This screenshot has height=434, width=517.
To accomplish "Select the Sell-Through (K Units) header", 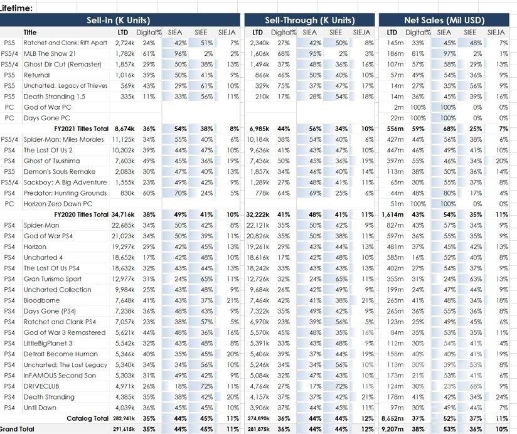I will (x=309, y=20).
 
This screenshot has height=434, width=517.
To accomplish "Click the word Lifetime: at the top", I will (x=17, y=8).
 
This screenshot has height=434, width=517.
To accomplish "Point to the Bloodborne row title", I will (x=41, y=300).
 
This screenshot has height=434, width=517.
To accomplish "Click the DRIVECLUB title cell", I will (x=41, y=386).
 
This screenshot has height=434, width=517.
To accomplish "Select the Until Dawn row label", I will (x=41, y=407).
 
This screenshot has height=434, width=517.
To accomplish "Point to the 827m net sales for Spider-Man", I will (x=395, y=225).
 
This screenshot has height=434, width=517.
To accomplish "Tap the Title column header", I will (x=30, y=32).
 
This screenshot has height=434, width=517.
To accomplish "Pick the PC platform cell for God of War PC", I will (x=9, y=107).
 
